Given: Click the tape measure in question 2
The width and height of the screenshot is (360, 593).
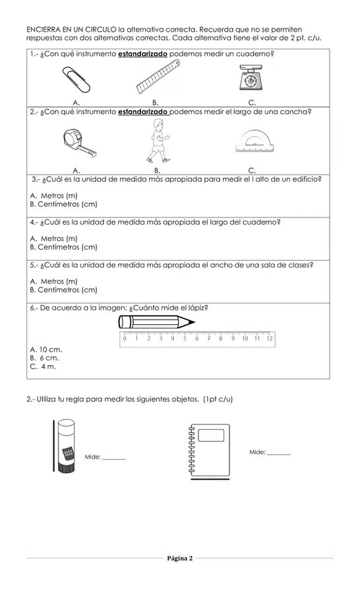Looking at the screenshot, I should pos(77,140).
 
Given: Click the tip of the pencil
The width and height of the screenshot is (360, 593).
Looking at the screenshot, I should pos(193,322).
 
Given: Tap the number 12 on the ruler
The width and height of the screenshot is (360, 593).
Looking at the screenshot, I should pos(269,339).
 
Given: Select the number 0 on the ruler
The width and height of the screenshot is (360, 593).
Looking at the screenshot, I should pos(125,339).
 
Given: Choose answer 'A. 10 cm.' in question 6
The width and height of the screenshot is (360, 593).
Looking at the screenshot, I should pos(46,349).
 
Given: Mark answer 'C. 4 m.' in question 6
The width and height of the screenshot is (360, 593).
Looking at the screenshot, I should pos(44,366).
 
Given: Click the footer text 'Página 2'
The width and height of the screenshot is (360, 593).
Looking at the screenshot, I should pos(180,559).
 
